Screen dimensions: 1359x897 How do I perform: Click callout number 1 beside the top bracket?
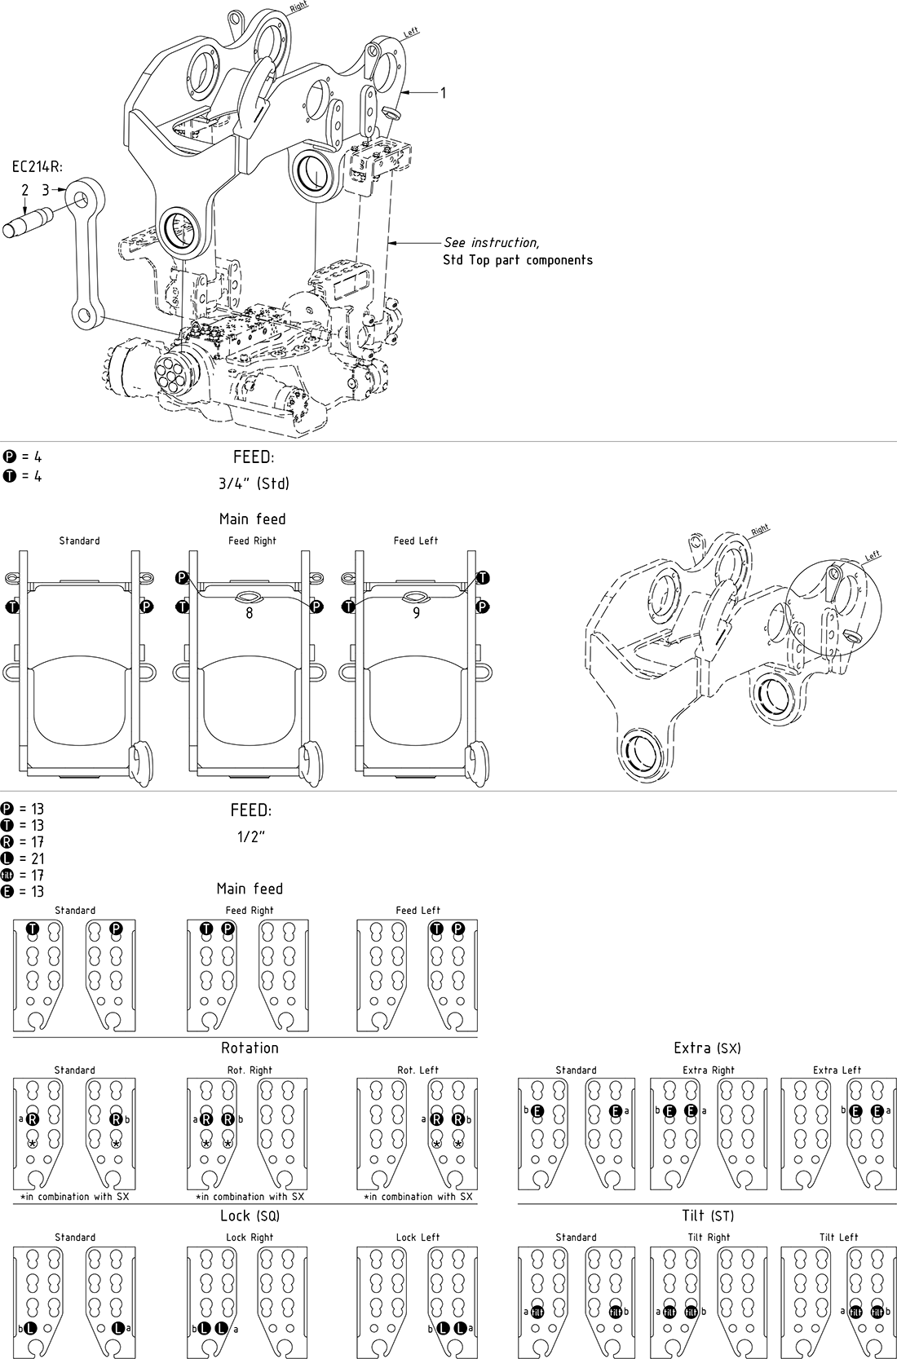click(443, 93)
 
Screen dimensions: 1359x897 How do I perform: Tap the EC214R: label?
click(38, 167)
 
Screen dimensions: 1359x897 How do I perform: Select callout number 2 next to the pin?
click(25, 191)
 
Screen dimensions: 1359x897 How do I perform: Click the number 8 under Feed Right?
click(250, 613)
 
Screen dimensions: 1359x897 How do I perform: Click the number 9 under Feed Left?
click(417, 613)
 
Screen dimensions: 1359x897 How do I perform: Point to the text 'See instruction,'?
click(491, 242)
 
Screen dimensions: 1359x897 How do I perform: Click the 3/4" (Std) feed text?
click(254, 483)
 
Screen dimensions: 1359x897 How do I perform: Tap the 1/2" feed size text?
click(251, 837)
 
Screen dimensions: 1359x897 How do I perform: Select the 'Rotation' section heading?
click(250, 1048)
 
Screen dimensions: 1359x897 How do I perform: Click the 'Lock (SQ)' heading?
click(250, 1216)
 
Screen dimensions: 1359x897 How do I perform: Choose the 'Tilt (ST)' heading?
click(707, 1216)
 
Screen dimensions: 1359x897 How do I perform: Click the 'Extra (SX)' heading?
click(707, 1048)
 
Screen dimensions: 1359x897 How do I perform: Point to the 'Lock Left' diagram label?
click(418, 1237)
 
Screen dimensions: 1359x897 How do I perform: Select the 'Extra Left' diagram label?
click(837, 1070)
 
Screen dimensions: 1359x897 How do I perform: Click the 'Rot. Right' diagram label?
click(250, 1070)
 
